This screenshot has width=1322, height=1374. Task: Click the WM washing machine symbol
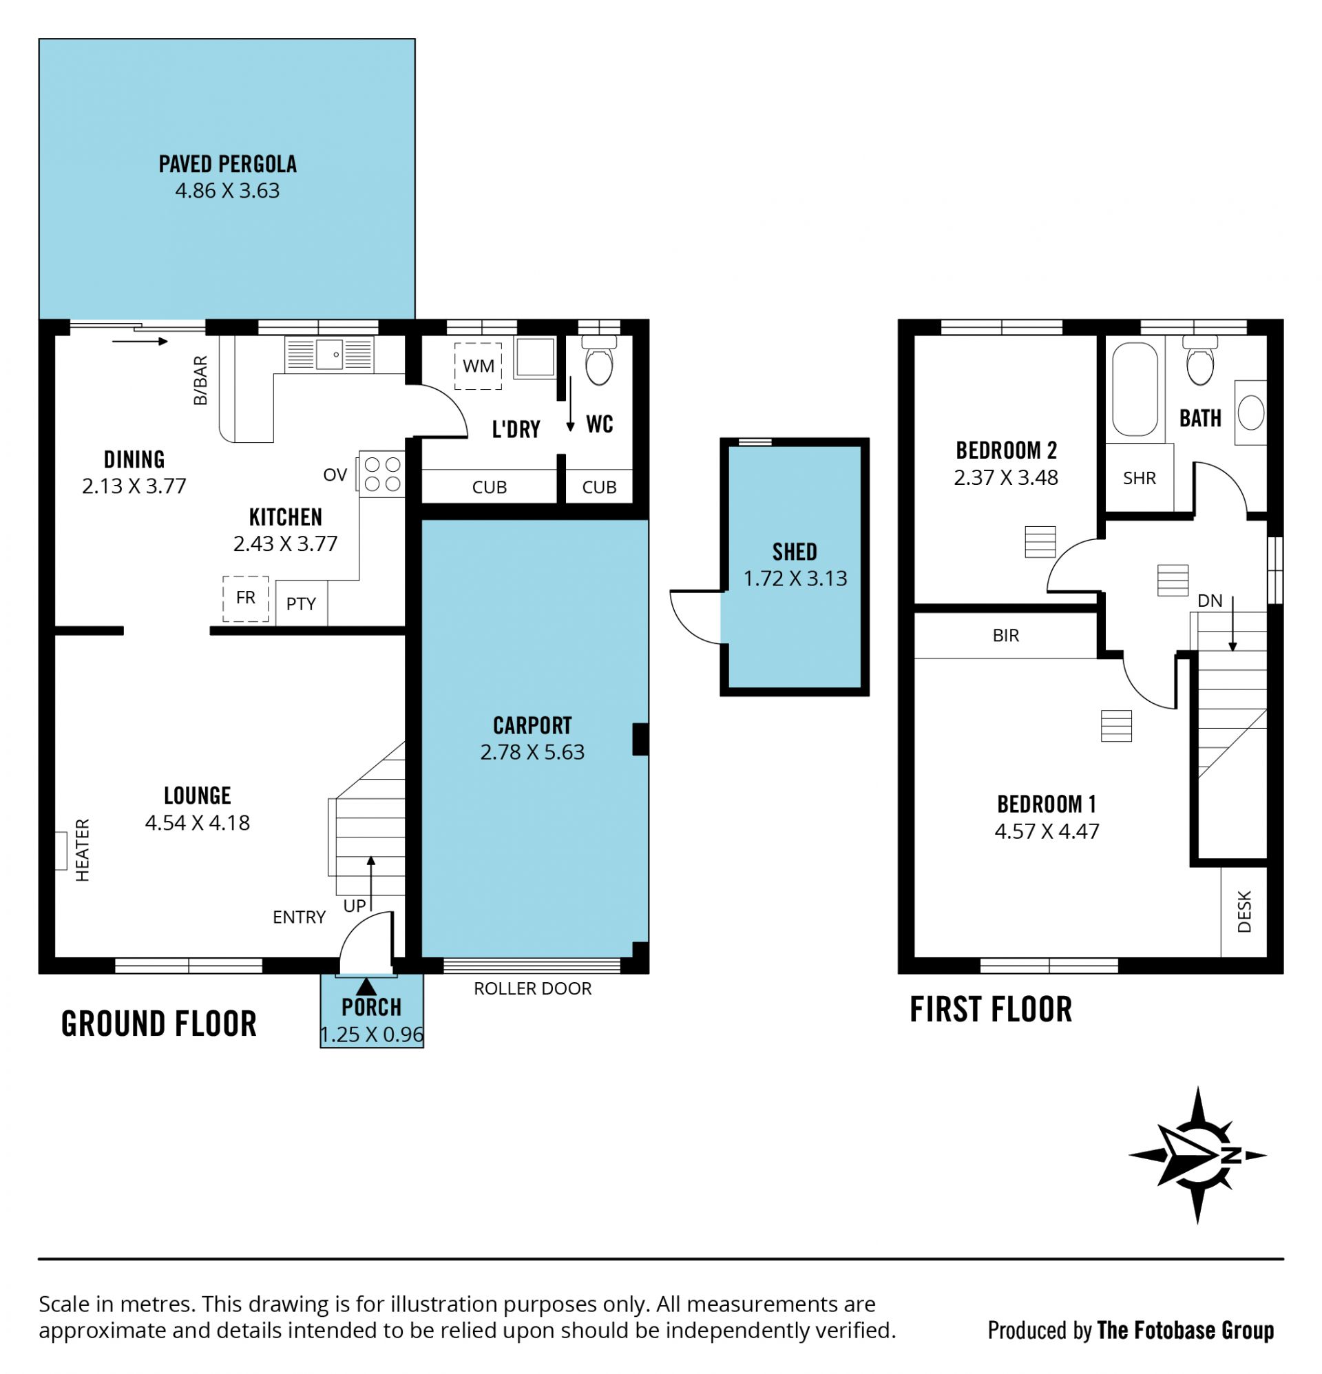click(x=477, y=365)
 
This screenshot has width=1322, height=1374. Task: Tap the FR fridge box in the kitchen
click(x=245, y=598)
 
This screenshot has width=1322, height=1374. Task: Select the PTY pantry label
click(x=301, y=603)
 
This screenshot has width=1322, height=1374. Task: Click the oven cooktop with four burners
click(x=383, y=474)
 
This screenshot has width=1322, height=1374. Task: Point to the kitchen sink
click(x=328, y=355)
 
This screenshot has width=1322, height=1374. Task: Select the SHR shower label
click(x=1139, y=478)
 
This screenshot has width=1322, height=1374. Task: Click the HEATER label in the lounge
click(x=83, y=850)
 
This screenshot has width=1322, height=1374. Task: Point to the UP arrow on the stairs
click(x=370, y=882)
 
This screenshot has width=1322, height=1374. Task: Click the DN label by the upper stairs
click(x=1210, y=601)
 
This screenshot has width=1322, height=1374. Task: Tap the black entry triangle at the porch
click(x=366, y=986)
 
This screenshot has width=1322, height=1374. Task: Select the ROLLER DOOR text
click(x=533, y=988)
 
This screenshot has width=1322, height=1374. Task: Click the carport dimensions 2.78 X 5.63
click(x=532, y=752)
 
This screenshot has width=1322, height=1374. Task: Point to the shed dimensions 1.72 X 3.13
click(x=795, y=579)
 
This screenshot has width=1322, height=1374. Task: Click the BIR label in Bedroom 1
click(x=1006, y=635)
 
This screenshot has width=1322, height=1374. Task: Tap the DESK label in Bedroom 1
click(x=1244, y=911)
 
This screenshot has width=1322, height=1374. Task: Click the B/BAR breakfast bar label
click(x=200, y=381)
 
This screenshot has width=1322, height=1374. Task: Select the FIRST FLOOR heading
click(x=991, y=1010)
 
